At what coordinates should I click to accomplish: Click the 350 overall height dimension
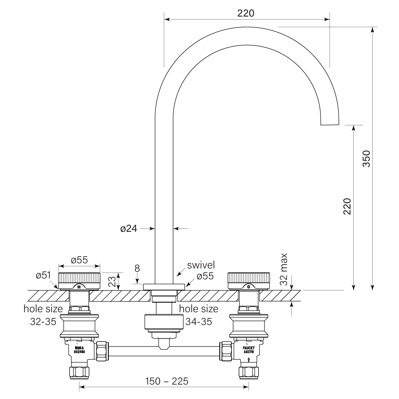(x=367, y=159)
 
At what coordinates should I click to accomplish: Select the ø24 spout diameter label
(x=128, y=228)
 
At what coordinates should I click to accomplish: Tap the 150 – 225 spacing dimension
(x=167, y=381)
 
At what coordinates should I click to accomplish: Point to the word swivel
(x=201, y=265)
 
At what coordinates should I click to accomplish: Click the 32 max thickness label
(x=284, y=269)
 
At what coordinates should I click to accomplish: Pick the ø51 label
(x=43, y=276)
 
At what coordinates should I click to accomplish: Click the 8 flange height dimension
(x=137, y=268)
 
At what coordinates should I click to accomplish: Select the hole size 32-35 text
(x=43, y=315)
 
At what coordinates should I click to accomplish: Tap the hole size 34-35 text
(x=198, y=315)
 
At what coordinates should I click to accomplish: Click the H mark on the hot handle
(x=79, y=287)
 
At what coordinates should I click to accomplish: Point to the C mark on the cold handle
(x=248, y=287)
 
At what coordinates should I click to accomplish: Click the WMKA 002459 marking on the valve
(x=79, y=350)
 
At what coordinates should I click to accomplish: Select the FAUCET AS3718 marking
(x=249, y=350)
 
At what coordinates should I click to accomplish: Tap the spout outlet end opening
(x=330, y=124)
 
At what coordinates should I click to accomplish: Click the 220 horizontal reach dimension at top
(x=246, y=13)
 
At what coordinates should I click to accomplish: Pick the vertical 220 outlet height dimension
(x=347, y=206)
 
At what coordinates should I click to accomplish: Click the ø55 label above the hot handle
(x=79, y=260)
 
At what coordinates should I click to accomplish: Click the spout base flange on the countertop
(x=164, y=287)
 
